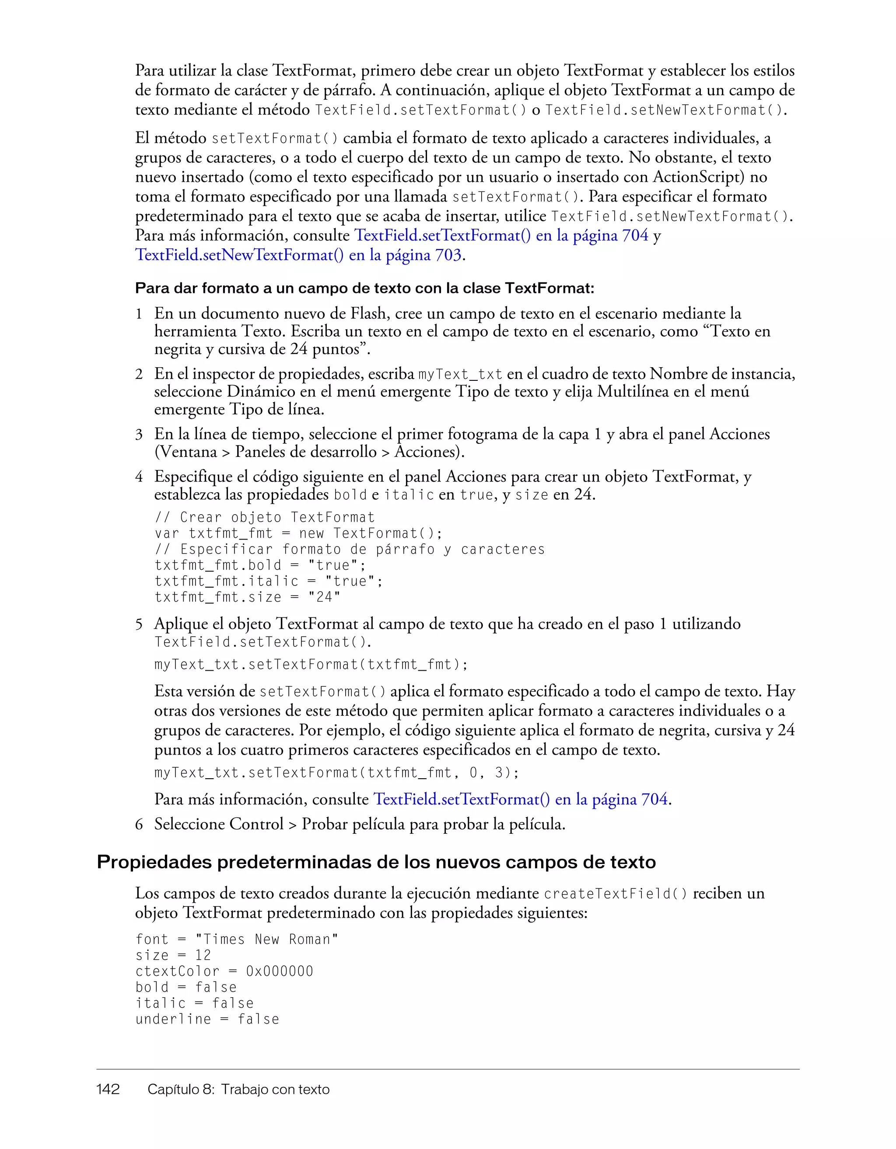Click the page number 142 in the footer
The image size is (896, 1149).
click(x=108, y=1089)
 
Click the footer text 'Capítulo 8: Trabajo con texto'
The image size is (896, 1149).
click(x=238, y=1089)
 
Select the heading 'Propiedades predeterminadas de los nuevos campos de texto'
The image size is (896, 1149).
click(x=376, y=862)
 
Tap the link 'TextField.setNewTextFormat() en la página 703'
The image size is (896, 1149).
click(x=298, y=255)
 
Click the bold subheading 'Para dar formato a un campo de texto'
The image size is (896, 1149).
click(x=364, y=288)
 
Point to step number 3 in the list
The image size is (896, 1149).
click(x=139, y=435)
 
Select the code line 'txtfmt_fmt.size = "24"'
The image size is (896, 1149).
click(x=248, y=597)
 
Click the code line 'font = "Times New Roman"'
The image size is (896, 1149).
click(x=237, y=939)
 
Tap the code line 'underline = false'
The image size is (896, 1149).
click(x=207, y=1019)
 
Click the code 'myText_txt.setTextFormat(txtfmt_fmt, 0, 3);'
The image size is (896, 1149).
click(x=337, y=773)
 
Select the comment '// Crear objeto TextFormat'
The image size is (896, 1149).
click(x=265, y=518)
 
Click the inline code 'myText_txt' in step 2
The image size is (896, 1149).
click(x=460, y=375)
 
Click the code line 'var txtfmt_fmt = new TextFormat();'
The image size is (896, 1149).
click(x=298, y=533)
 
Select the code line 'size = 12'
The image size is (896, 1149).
click(x=173, y=955)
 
